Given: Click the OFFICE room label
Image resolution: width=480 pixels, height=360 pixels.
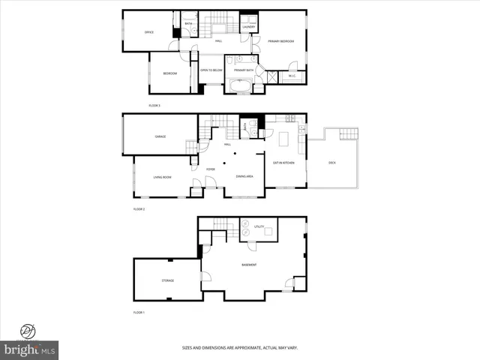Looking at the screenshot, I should (x=149, y=31).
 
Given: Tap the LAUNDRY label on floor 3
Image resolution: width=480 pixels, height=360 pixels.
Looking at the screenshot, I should (x=249, y=28).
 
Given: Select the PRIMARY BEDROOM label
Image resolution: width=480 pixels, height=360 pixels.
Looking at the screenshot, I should (x=280, y=41).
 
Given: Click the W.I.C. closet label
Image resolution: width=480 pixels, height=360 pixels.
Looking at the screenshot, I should (x=292, y=76).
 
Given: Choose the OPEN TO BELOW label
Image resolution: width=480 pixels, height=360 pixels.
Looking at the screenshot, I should (x=211, y=70).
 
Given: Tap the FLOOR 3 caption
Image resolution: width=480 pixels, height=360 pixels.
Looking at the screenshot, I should (x=154, y=106).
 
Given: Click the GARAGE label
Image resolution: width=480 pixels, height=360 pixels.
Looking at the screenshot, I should (x=160, y=136).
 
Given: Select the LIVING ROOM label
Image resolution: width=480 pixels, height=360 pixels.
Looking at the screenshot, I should (x=163, y=177).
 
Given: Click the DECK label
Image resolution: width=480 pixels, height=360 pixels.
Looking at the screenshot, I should (x=332, y=163).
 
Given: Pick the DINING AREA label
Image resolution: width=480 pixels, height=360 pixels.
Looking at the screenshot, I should (x=244, y=176).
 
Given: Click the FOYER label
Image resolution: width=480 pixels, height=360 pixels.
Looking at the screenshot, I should (x=211, y=169).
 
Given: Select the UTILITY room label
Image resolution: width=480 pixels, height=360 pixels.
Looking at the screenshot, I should (x=259, y=226).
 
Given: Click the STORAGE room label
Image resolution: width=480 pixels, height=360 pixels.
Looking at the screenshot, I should (x=167, y=280).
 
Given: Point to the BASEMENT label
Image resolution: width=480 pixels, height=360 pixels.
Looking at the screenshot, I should (x=249, y=265).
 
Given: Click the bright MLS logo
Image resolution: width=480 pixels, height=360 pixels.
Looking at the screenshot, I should (x=31, y=350).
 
